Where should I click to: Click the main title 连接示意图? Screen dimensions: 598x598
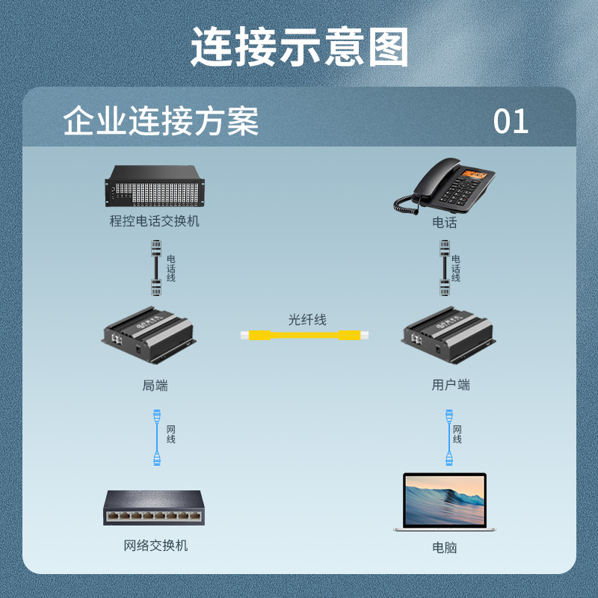(x=300, y=47)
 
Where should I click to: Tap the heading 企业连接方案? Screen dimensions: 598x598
(x=161, y=121)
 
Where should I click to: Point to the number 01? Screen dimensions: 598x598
(x=511, y=122)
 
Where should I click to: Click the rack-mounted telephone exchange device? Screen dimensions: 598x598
(x=155, y=185)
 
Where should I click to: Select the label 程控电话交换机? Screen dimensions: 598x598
(x=155, y=221)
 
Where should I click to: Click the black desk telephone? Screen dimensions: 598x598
(x=444, y=185)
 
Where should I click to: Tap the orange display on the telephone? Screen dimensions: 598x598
(x=474, y=175)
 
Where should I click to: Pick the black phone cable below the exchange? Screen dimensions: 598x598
(x=156, y=268)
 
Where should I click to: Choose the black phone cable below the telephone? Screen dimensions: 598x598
(x=445, y=268)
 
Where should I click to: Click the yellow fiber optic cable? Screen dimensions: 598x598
(x=304, y=335)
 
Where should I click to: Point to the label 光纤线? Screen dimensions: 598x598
(x=307, y=320)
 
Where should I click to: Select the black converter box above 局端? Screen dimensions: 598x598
(x=149, y=334)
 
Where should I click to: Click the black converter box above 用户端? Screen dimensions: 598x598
(x=449, y=334)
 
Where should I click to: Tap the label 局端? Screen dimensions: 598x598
(x=155, y=385)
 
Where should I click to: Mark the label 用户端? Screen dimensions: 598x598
(x=451, y=385)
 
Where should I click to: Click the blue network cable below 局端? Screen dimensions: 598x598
(x=157, y=437)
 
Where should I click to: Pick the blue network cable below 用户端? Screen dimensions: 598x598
(x=449, y=437)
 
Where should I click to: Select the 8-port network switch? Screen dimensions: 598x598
(x=154, y=508)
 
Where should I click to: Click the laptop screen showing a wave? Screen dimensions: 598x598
(x=445, y=500)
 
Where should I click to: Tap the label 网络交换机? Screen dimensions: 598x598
(x=155, y=546)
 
